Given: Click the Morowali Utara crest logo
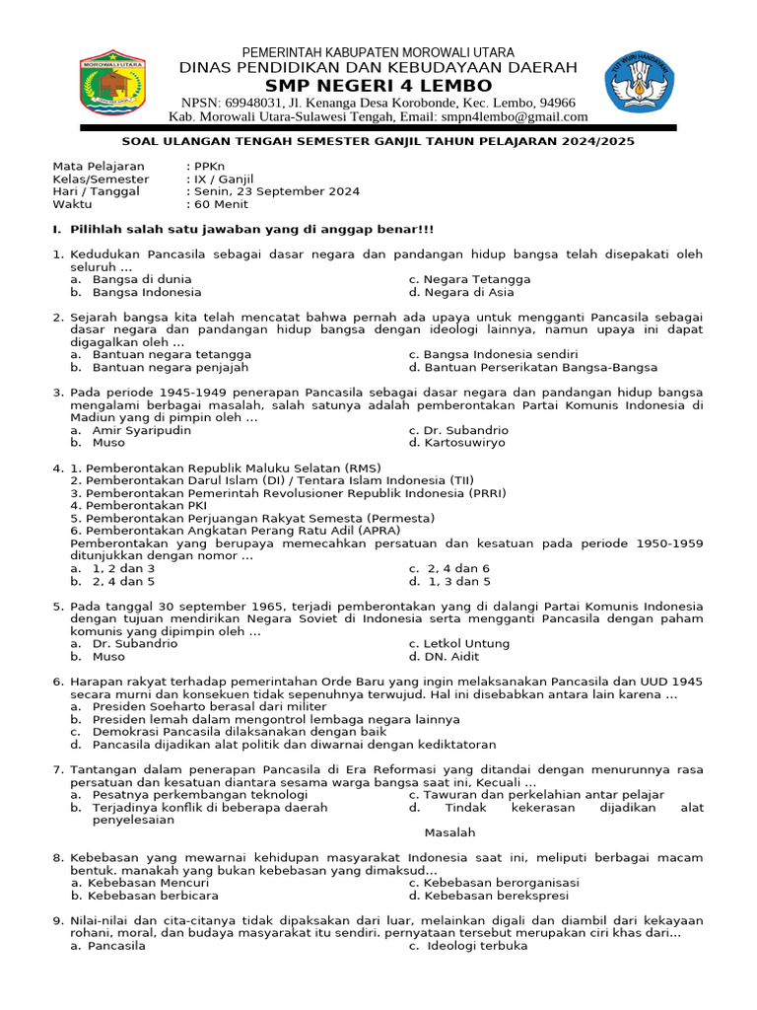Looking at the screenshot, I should click(110, 85).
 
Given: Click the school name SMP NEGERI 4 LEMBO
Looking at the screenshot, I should click(378, 86).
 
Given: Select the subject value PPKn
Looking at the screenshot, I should click(209, 167).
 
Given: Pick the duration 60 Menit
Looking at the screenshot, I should click(221, 204).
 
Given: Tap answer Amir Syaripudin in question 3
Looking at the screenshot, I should click(141, 430).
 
